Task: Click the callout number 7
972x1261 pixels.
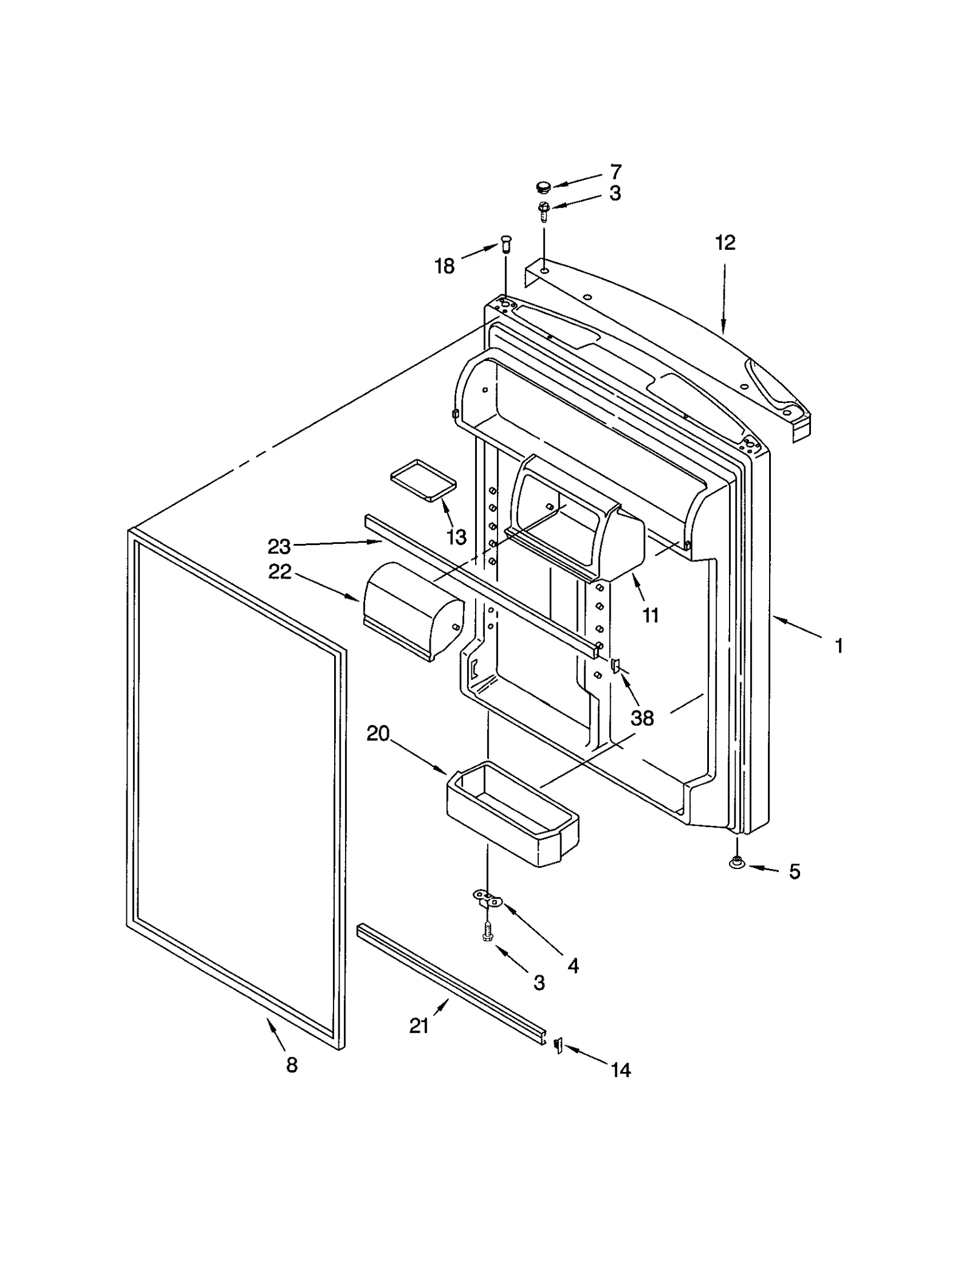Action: [x=615, y=171]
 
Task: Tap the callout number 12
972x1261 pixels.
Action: [x=725, y=242]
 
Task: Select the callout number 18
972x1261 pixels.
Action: [x=445, y=266]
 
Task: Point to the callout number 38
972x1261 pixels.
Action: [x=642, y=718]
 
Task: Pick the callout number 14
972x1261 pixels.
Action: [x=620, y=1070]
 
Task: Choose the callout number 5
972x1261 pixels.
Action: [x=794, y=872]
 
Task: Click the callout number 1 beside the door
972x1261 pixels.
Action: [x=838, y=646]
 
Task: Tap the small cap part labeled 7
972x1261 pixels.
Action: [x=542, y=185]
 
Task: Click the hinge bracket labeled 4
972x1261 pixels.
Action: [x=488, y=898]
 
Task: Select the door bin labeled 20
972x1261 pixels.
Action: [x=512, y=814]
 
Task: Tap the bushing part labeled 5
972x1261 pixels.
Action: [x=736, y=861]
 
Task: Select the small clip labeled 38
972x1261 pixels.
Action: [x=615, y=667]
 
